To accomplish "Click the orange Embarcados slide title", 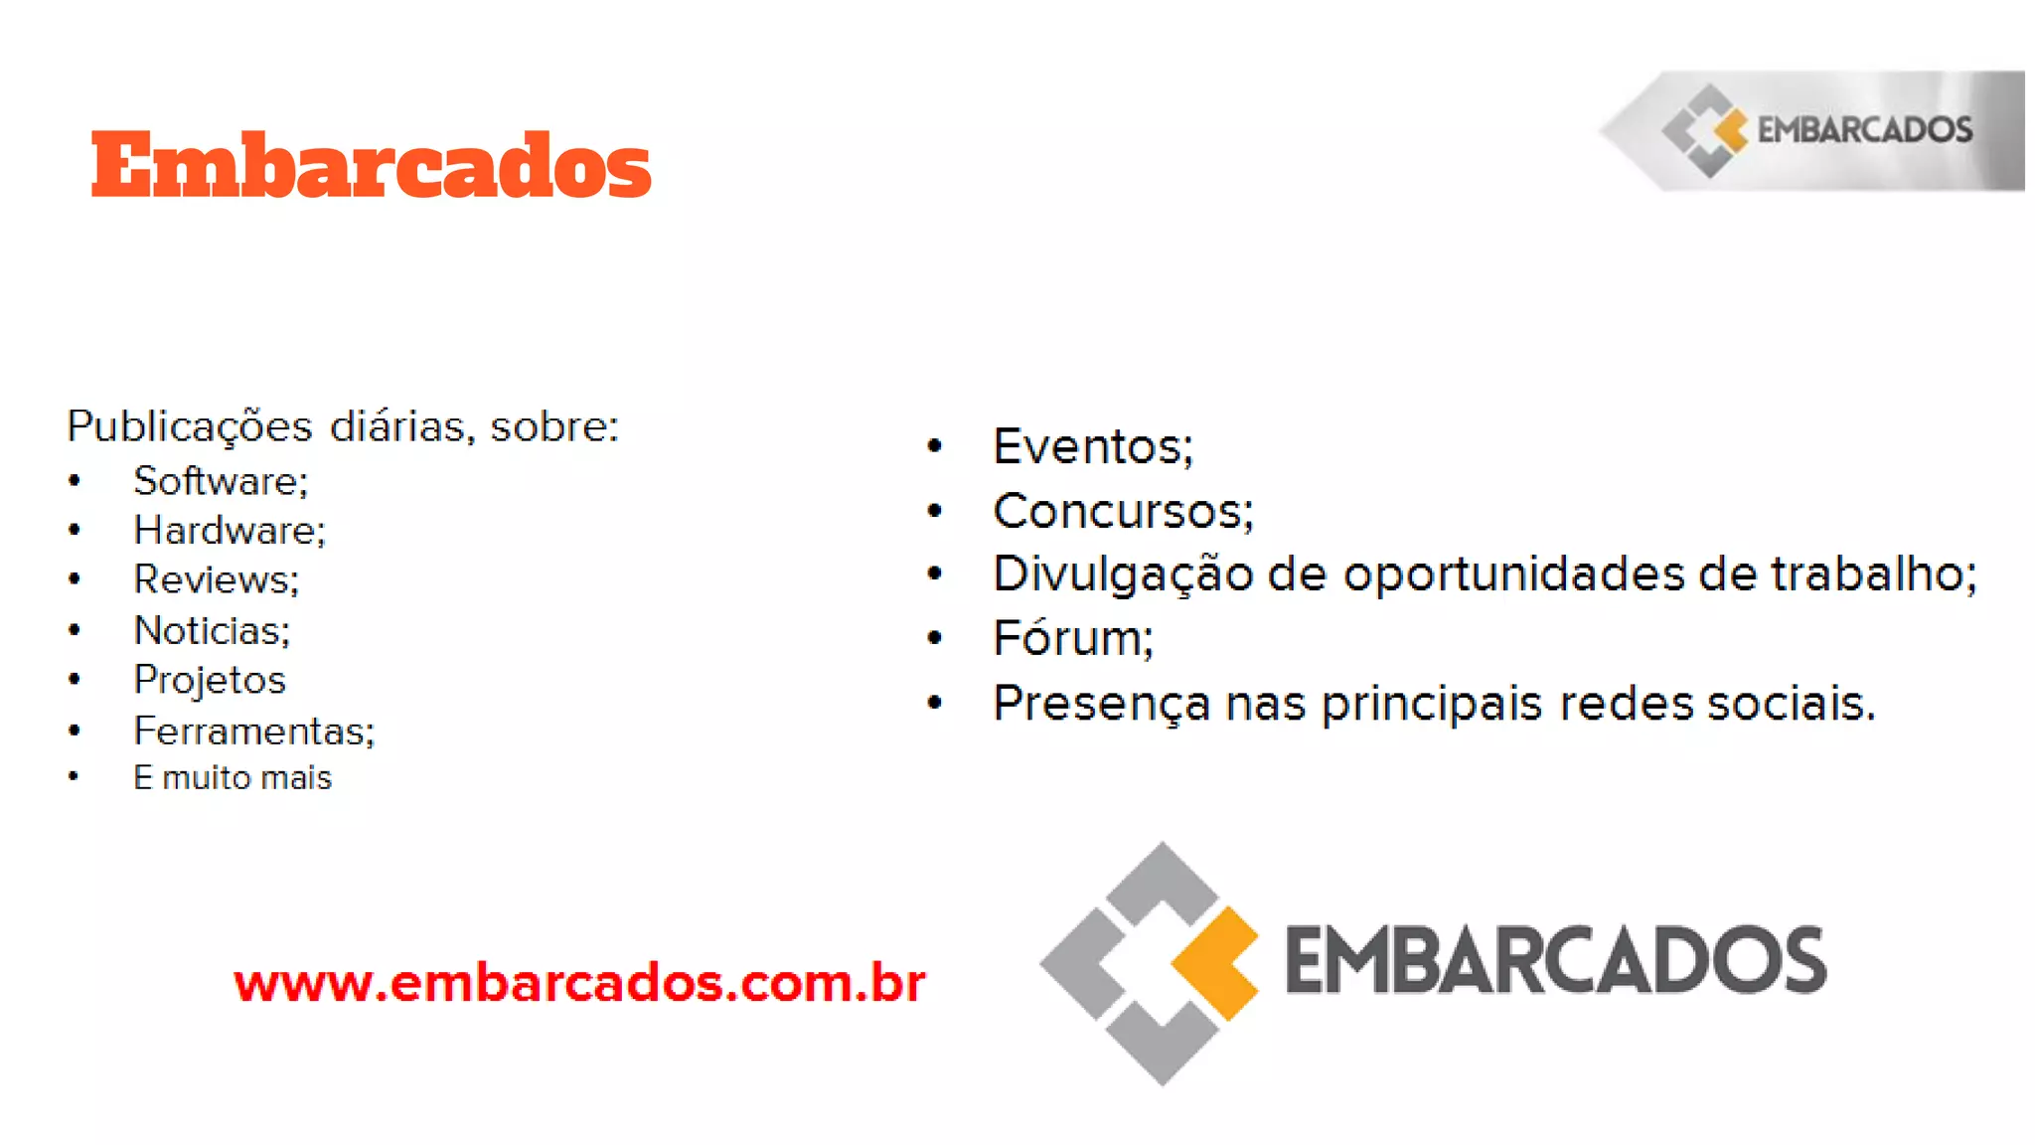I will (x=371, y=165).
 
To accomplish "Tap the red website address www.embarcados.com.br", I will (x=579, y=983).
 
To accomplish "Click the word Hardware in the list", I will (x=225, y=531).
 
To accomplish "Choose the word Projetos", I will (x=210, y=680).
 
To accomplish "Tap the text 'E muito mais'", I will (x=233, y=777).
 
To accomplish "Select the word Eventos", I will (x=1087, y=446).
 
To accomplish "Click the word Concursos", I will (x=1118, y=512).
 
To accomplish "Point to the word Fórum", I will (x=1068, y=638).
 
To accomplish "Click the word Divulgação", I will (x=1123, y=574).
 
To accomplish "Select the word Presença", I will (x=1101, y=704).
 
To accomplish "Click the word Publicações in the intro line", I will (x=189, y=426).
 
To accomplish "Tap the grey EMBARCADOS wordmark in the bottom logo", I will (x=1555, y=960).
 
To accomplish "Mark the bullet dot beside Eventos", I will (x=934, y=446).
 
